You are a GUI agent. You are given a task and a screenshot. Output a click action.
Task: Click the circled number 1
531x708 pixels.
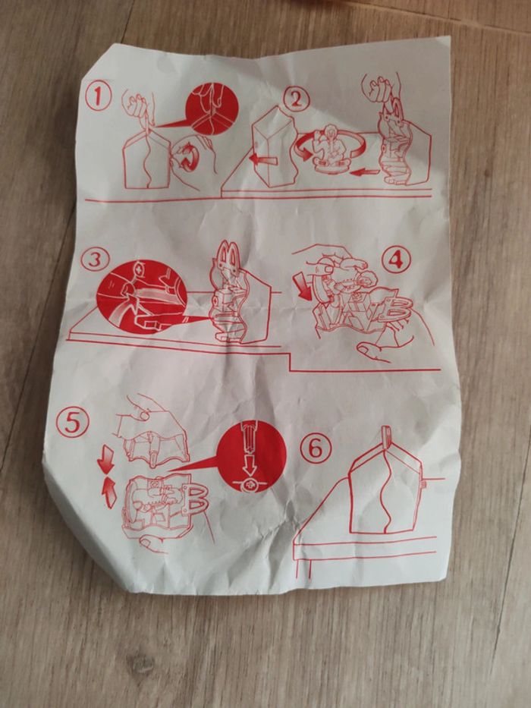98,96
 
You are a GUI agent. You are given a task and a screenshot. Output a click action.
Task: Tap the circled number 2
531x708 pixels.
296,99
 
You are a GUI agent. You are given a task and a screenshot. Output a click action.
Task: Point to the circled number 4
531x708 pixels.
396,260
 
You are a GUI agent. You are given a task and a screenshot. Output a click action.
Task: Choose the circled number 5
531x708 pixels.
72,423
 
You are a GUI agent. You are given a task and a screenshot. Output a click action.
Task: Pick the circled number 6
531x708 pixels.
316,448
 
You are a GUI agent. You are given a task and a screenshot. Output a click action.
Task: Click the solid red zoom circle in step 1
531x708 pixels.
212,109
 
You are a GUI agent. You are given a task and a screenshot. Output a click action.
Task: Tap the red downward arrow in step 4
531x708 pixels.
305,287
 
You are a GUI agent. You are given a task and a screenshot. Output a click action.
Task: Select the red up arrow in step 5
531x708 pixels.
109,493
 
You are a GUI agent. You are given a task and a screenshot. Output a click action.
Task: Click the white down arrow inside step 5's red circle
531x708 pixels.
249,465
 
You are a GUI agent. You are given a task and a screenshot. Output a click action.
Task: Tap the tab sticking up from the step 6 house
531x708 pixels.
387,437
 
